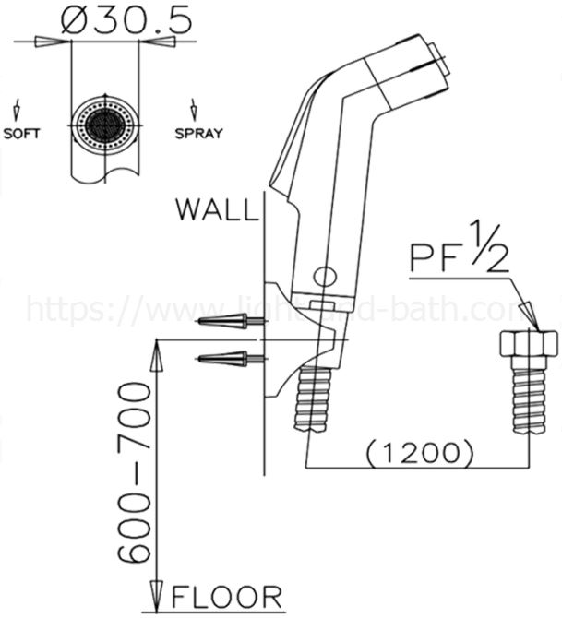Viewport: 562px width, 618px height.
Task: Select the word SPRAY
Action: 198,133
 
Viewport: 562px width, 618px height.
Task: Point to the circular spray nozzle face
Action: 104,122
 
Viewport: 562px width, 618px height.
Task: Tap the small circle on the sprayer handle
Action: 325,275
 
